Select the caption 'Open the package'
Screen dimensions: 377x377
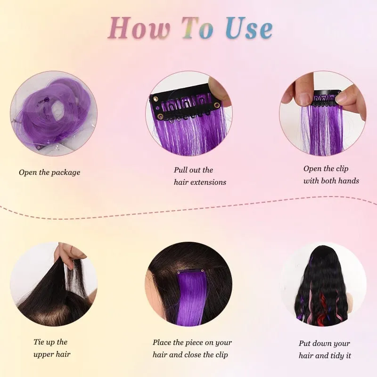[x=49, y=172]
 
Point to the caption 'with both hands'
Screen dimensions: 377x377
[x=331, y=181]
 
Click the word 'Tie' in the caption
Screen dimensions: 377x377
[x=39, y=342]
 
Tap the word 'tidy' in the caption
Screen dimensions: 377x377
[x=336, y=356]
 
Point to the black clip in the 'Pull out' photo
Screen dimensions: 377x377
[x=185, y=105]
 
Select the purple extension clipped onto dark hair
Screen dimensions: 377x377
[x=191, y=297]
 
